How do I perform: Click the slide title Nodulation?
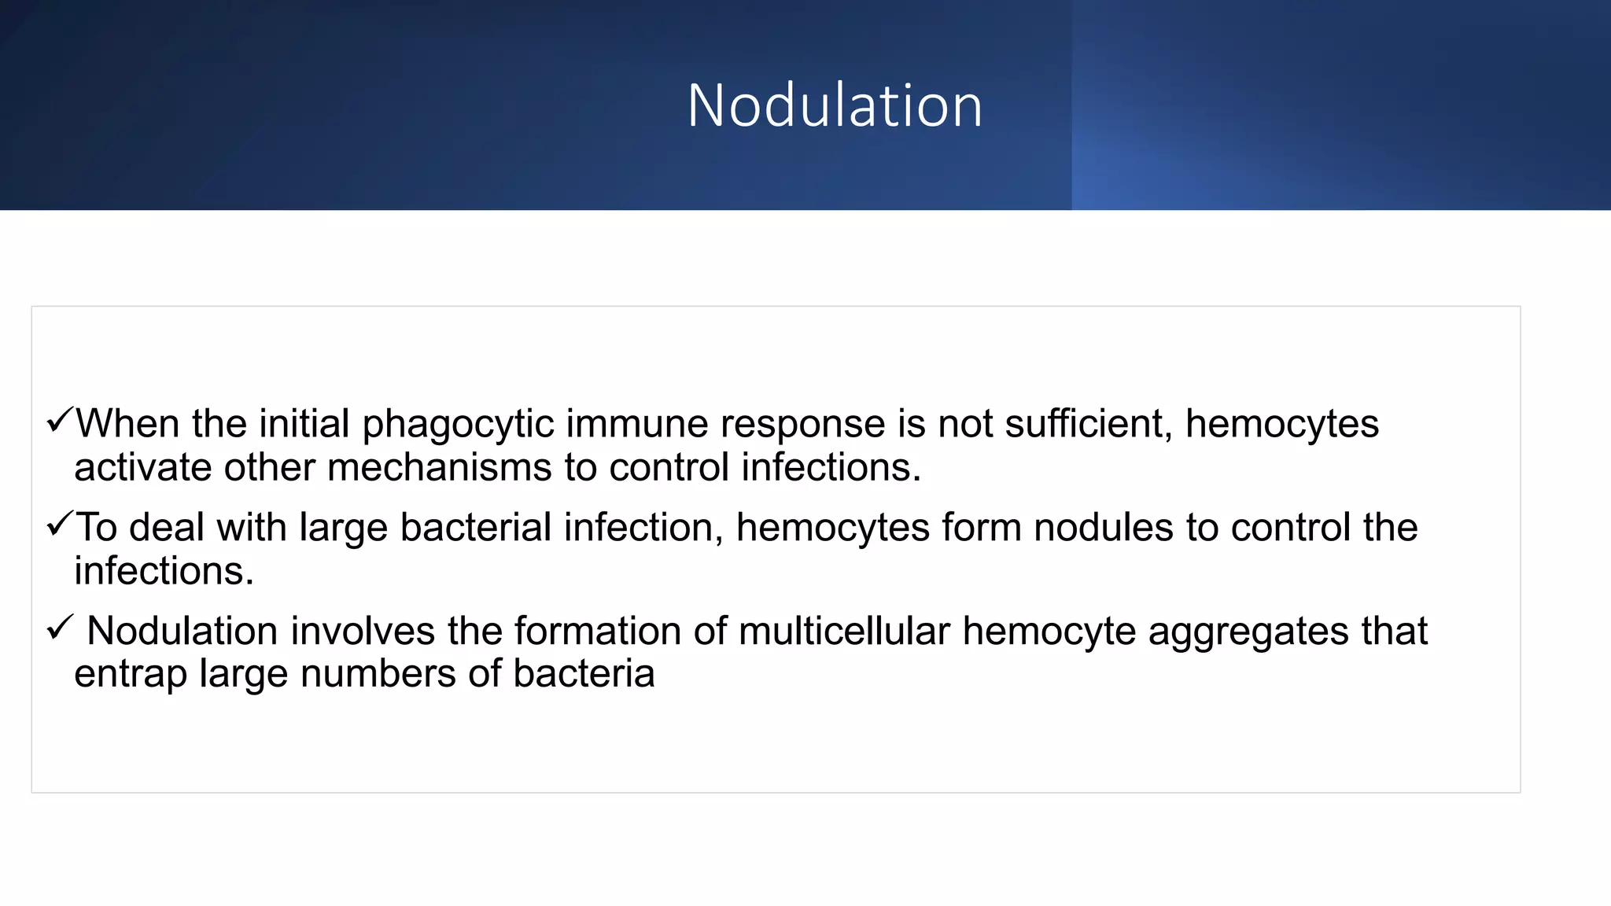(835, 105)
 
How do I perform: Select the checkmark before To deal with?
(60, 524)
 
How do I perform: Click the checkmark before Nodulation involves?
(60, 628)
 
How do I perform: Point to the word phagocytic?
(458, 425)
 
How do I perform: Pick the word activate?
(143, 467)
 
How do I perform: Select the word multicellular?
(844, 631)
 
